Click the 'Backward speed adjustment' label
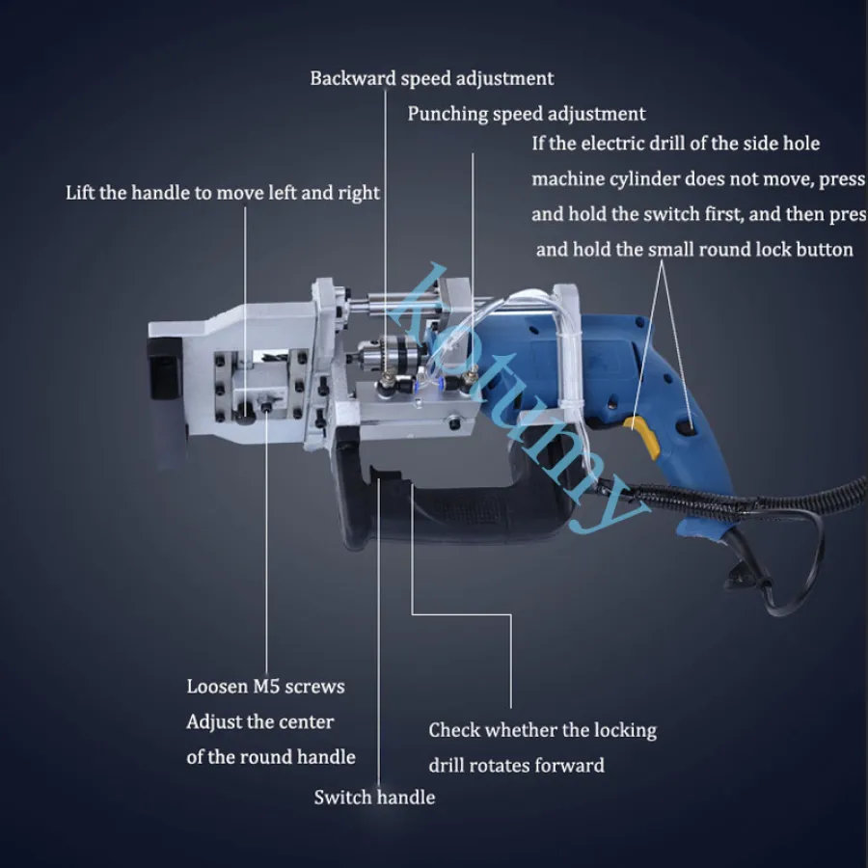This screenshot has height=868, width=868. (432, 79)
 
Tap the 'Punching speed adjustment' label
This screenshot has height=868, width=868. (527, 114)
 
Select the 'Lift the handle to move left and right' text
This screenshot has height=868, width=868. (223, 193)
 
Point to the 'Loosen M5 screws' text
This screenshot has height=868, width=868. (266, 687)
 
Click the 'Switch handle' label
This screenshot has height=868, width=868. (374, 798)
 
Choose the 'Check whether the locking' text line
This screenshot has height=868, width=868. (542, 731)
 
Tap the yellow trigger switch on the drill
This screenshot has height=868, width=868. (642, 435)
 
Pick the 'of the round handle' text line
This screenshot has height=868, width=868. (271, 757)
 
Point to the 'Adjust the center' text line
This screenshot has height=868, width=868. (260, 721)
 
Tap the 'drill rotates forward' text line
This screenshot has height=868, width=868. (517, 766)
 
